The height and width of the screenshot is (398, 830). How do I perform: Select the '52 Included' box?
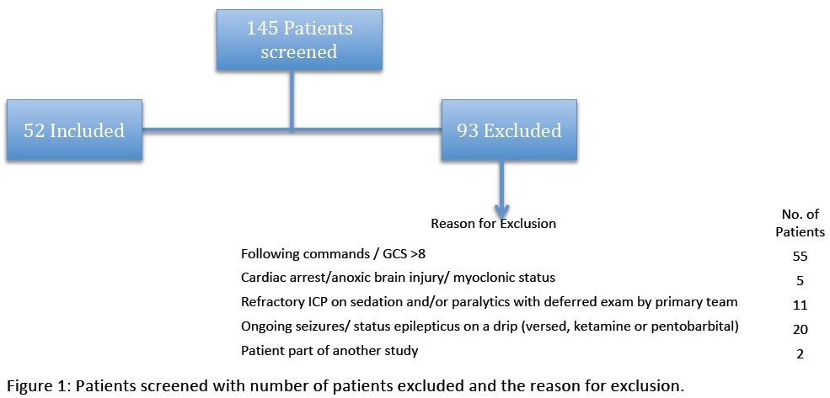coord(74,130)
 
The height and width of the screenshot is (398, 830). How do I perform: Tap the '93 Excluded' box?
coord(509,130)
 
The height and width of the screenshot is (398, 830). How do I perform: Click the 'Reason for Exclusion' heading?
coord(493,224)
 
